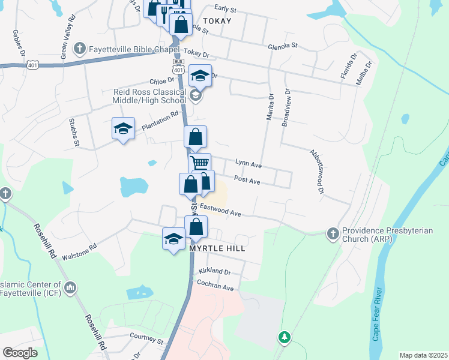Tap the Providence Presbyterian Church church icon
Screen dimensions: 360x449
click(x=333, y=232)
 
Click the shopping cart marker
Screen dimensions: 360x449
click(x=200, y=163)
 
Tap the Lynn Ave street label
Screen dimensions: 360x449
click(x=248, y=163)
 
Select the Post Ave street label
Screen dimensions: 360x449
click(x=247, y=179)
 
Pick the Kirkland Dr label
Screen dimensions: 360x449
click(x=215, y=272)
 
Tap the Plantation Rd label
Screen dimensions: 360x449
click(x=161, y=122)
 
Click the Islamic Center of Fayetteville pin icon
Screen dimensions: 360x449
click(x=71, y=289)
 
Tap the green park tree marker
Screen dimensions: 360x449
click(x=284, y=337)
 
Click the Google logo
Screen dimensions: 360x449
click(x=20, y=353)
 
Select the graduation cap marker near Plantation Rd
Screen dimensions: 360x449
click(x=123, y=129)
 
